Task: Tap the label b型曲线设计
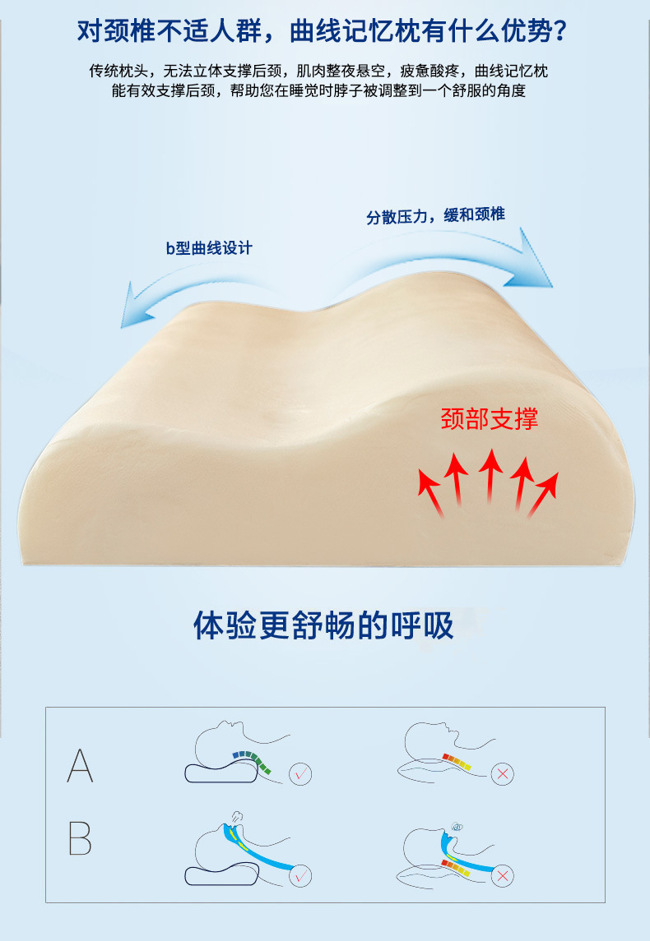[x=209, y=248]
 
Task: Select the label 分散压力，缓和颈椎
[x=435, y=216]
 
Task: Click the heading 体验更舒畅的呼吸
[x=323, y=626]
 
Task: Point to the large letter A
[x=80, y=765]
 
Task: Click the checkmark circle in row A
[x=300, y=773]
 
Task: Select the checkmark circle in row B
[x=301, y=877]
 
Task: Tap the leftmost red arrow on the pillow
[x=430, y=491]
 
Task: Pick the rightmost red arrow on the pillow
[x=544, y=493]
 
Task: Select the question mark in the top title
[x=559, y=32]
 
